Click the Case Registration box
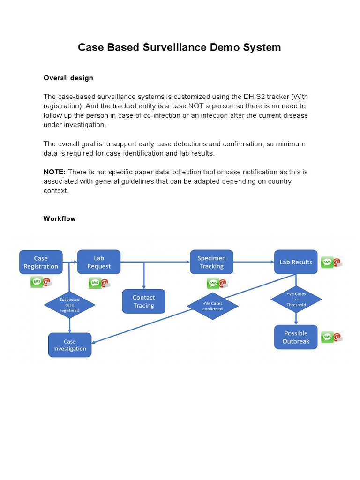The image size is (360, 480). pyautogui.click(x=41, y=262)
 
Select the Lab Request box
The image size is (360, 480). pyautogui.click(x=99, y=262)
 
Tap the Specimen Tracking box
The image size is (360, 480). pyautogui.click(x=211, y=262)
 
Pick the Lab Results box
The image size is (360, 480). pyautogui.click(x=296, y=262)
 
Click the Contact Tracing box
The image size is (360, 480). pyautogui.click(x=143, y=301)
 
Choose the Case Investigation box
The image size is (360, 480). pyautogui.click(x=70, y=345)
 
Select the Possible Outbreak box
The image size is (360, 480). pyautogui.click(x=296, y=337)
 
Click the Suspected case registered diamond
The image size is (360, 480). pyautogui.click(x=70, y=305)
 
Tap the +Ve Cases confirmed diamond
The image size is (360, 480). pyautogui.click(x=212, y=306)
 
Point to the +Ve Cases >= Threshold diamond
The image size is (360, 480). pyautogui.click(x=296, y=299)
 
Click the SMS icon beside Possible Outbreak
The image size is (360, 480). pyautogui.click(x=327, y=337)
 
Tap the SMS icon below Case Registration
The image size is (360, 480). pyautogui.click(x=37, y=282)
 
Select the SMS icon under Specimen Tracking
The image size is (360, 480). pyautogui.click(x=212, y=283)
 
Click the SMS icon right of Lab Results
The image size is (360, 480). pyautogui.click(x=327, y=262)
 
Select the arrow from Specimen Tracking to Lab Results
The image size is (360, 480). pyautogui.click(x=253, y=262)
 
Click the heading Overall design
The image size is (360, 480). pyautogui.click(x=68, y=78)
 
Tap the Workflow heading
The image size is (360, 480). pyautogui.click(x=60, y=218)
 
